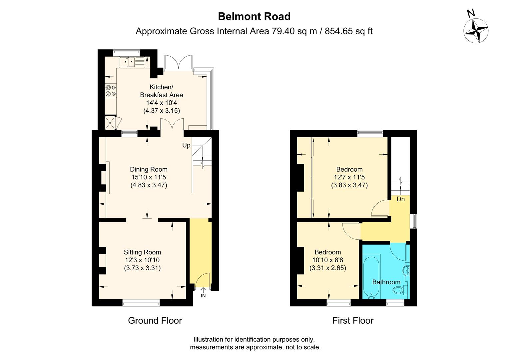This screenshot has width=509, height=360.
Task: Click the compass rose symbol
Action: click(x=476, y=31)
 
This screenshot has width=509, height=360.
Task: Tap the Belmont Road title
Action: click(x=254, y=16)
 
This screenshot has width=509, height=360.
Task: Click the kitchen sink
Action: click(x=131, y=62)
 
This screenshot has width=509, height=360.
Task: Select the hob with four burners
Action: click(x=111, y=91)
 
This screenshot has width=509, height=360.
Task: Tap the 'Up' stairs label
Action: click(x=186, y=145)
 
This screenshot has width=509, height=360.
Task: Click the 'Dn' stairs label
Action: click(x=400, y=199)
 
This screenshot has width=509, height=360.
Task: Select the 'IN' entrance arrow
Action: click(x=203, y=293)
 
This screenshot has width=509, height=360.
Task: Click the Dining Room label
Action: click(x=149, y=169)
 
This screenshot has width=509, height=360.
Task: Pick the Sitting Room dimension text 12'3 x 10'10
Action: click(x=142, y=260)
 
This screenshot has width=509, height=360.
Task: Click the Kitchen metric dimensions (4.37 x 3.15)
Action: click(x=162, y=111)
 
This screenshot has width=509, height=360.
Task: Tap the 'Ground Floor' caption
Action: click(x=155, y=321)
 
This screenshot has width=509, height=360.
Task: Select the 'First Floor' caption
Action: click(x=353, y=321)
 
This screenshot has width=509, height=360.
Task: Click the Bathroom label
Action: click(x=386, y=282)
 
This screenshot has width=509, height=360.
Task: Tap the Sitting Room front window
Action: click(x=141, y=303)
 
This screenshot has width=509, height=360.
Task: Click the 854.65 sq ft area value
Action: click(x=348, y=31)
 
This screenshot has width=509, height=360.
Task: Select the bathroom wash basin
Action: click(x=406, y=270)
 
